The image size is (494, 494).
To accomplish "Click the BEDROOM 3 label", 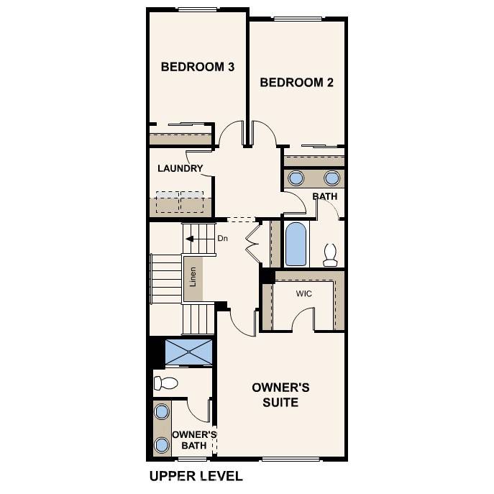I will pos(197,67).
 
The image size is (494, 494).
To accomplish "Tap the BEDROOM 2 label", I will pos(296,83).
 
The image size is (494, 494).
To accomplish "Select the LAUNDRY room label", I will pos(180,169).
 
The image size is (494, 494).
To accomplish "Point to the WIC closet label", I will pos(303,294).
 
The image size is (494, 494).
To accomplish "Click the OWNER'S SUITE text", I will pos(280,395).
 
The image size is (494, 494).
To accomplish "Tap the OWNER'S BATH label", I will pos(193,440).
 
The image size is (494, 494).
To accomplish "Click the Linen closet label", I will pos(193,277).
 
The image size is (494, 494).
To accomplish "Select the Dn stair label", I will pos(223,239).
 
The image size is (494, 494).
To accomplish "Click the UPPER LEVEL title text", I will pos(196,476).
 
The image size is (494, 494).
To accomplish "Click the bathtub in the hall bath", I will pos(296,244).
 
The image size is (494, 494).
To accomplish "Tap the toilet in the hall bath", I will pos(330,255).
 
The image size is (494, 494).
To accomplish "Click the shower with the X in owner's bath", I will pos(188,352).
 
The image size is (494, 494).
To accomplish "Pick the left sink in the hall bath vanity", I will pos(296,178).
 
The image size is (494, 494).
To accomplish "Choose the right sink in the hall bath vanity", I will pos(331,178).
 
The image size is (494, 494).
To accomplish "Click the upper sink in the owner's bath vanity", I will pos(163,412).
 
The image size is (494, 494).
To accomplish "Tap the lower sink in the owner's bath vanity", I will pos(163,444).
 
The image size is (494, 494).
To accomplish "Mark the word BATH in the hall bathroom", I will pos(324,196).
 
